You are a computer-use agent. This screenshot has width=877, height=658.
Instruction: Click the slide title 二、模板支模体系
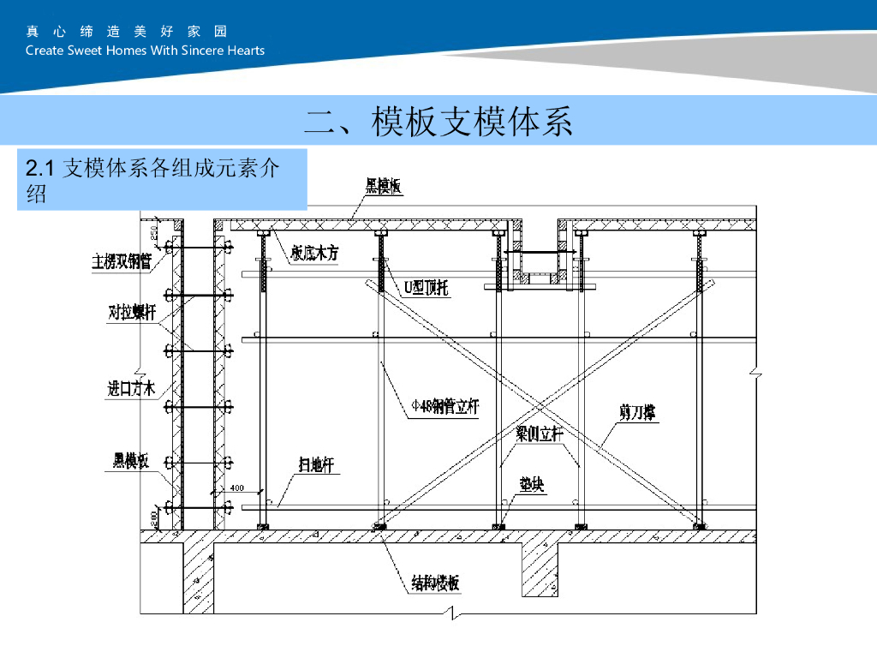coord(438,122)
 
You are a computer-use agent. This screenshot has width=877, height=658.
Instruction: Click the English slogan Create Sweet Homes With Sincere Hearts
coord(145,50)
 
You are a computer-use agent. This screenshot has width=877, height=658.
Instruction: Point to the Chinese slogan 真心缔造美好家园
coord(127,32)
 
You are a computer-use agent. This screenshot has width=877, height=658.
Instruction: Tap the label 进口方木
coord(131,389)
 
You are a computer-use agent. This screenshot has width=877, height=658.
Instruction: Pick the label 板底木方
coord(314,255)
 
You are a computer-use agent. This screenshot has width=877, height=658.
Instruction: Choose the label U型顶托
coord(426,288)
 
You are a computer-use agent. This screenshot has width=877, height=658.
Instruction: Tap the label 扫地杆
coord(319,465)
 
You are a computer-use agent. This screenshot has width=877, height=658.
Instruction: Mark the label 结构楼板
coord(435,584)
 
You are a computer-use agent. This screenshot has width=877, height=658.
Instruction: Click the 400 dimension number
coord(236,488)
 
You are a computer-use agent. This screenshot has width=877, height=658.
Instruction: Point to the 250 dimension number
coord(154,231)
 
